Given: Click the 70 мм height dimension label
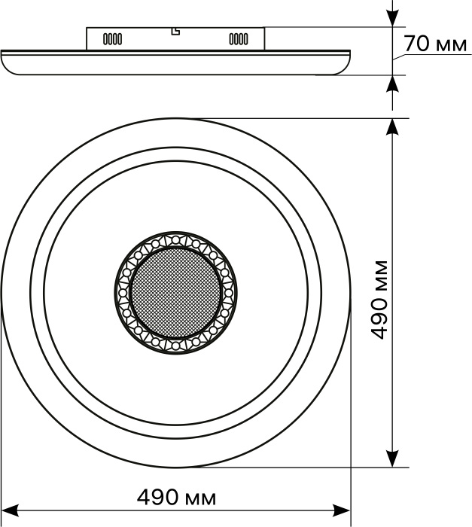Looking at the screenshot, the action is coord(435,44).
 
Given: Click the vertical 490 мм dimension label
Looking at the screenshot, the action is coord(379,300).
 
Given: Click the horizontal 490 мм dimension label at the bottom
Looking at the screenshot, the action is coord(176,498).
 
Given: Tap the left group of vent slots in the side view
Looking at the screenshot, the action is coord(112,39).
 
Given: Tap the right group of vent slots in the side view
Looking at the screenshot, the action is coord(239,39).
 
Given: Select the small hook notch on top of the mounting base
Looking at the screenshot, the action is coord(175,32).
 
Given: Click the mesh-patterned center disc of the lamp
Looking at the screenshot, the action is coord(176,293).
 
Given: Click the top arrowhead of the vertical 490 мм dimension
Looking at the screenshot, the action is coord(392,127).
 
